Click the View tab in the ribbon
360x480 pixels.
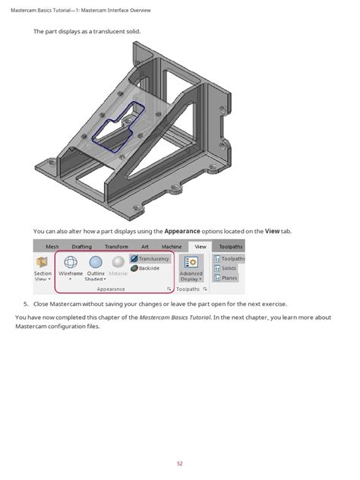200,247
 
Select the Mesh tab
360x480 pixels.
52,247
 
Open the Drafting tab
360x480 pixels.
81,247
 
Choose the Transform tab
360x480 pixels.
116,247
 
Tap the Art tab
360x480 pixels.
144,247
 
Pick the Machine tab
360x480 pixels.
172,247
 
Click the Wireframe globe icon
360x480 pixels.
71,262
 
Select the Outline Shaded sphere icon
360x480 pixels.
96,262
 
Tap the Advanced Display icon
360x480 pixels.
191,262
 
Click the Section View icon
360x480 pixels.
43,262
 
